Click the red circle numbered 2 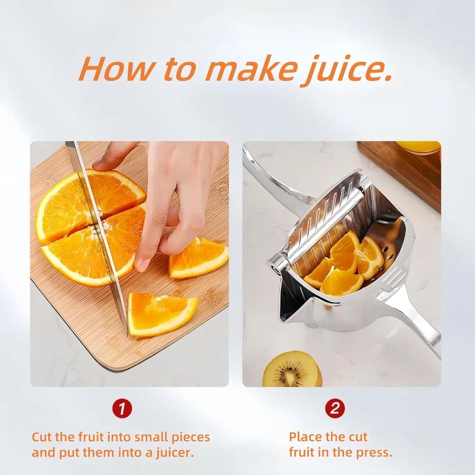tap(335, 409)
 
